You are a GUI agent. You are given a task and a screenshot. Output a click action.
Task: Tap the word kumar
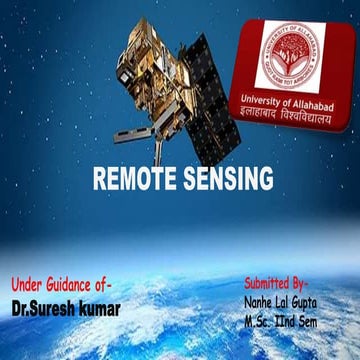click(x=100, y=308)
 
